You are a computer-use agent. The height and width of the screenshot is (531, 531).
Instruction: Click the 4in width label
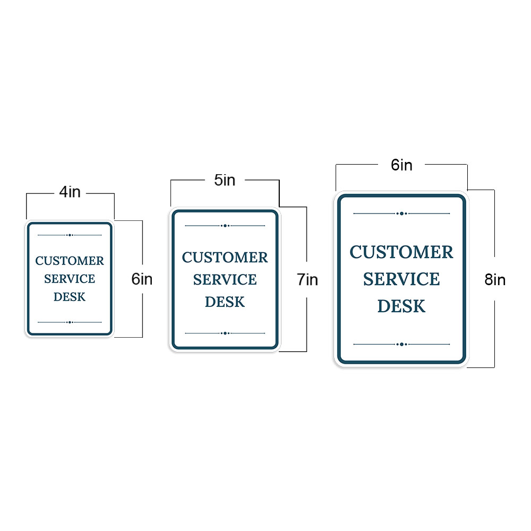pos(70,192)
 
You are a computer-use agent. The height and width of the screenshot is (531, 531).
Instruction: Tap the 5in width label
pos(225,180)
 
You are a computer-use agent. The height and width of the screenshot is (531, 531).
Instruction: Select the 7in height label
pos(307,279)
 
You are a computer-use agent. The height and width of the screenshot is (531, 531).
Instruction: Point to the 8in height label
pos(495,280)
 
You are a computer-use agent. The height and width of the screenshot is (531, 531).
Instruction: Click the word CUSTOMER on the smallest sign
pos(70,261)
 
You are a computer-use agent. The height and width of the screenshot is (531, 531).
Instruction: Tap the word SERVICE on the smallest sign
pos(70,279)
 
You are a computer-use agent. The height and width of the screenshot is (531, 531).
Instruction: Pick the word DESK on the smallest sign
pos(70,297)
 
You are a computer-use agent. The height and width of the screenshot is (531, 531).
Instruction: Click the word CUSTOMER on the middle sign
pos(225,258)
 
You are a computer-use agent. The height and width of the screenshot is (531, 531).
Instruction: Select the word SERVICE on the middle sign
pos(225,280)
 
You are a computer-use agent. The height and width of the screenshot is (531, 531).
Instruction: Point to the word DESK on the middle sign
pos(225,302)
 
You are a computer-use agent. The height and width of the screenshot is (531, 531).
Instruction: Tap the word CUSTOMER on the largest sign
pos(401,252)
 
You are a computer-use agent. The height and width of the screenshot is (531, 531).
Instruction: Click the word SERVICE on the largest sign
pos(401,279)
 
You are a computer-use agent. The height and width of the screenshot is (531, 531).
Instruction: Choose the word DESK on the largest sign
pos(401,306)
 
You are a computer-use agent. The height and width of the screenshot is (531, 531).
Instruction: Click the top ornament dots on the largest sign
pos(402,213)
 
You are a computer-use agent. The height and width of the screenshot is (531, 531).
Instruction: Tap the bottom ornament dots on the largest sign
pos(402,344)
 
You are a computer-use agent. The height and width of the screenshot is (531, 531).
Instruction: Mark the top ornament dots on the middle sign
pos(225,226)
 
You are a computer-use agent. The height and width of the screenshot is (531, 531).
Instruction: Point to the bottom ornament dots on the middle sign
pos(225,333)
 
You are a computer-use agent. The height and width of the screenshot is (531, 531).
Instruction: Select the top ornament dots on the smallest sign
pos(70,235)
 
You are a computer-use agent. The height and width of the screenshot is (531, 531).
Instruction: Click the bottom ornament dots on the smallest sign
pos(70,322)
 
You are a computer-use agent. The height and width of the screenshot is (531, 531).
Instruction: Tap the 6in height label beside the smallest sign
pos(142,279)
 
